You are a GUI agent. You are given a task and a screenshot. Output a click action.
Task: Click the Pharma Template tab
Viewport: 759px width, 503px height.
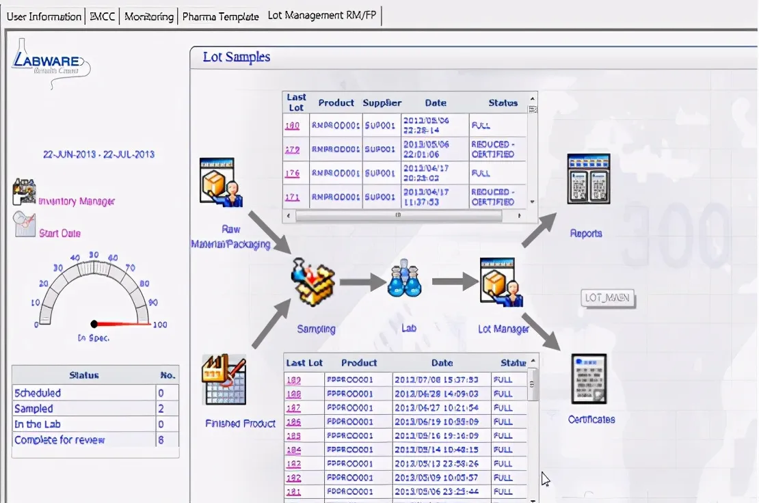220,16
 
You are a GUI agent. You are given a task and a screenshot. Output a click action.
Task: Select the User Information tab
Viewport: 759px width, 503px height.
44,16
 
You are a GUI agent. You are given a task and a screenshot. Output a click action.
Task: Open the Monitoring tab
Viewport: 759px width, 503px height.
148,16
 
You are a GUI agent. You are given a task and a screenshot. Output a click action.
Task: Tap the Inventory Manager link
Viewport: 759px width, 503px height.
77,201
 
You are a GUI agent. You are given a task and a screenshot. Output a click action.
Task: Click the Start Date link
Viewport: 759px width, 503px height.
59,233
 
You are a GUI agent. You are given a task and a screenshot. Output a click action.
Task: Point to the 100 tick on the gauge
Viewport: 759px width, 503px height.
160,324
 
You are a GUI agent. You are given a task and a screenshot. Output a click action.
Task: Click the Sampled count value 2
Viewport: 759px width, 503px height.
161,408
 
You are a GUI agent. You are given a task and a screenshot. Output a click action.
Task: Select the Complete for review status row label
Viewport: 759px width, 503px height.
59,440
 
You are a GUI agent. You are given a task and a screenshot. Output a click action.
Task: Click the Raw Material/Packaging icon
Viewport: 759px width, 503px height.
221,182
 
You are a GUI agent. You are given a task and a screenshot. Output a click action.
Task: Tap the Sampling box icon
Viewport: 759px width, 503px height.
314,282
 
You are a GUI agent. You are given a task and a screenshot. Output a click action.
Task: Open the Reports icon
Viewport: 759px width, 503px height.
588,179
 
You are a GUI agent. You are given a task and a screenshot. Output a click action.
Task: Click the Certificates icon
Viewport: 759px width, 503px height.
589,380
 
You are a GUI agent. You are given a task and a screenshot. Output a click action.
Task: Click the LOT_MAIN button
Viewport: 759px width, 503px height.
608,298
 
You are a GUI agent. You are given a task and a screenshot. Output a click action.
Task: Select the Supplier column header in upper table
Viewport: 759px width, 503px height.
382,103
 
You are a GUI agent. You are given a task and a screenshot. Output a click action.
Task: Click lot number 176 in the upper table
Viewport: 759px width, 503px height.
293,173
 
